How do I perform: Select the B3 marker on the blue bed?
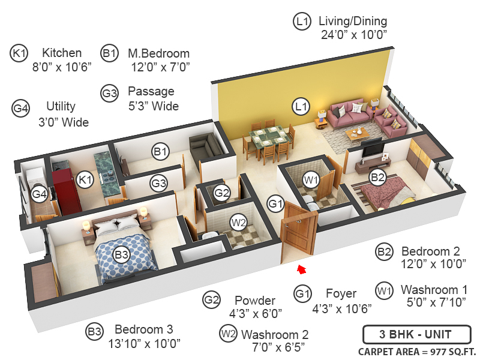click(x=122, y=255)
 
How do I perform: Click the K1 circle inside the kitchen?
click(x=85, y=179)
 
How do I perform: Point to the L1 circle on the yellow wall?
click(x=301, y=107)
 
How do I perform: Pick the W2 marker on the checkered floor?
click(x=239, y=223)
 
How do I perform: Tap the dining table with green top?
click(x=268, y=138)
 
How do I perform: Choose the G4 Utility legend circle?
click(x=20, y=109)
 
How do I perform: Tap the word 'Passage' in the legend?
click(x=151, y=92)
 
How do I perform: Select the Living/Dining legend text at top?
click(x=353, y=22)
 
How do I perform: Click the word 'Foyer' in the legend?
click(x=341, y=293)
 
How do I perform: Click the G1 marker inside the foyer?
click(x=275, y=204)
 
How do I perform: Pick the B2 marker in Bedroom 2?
click(x=377, y=177)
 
